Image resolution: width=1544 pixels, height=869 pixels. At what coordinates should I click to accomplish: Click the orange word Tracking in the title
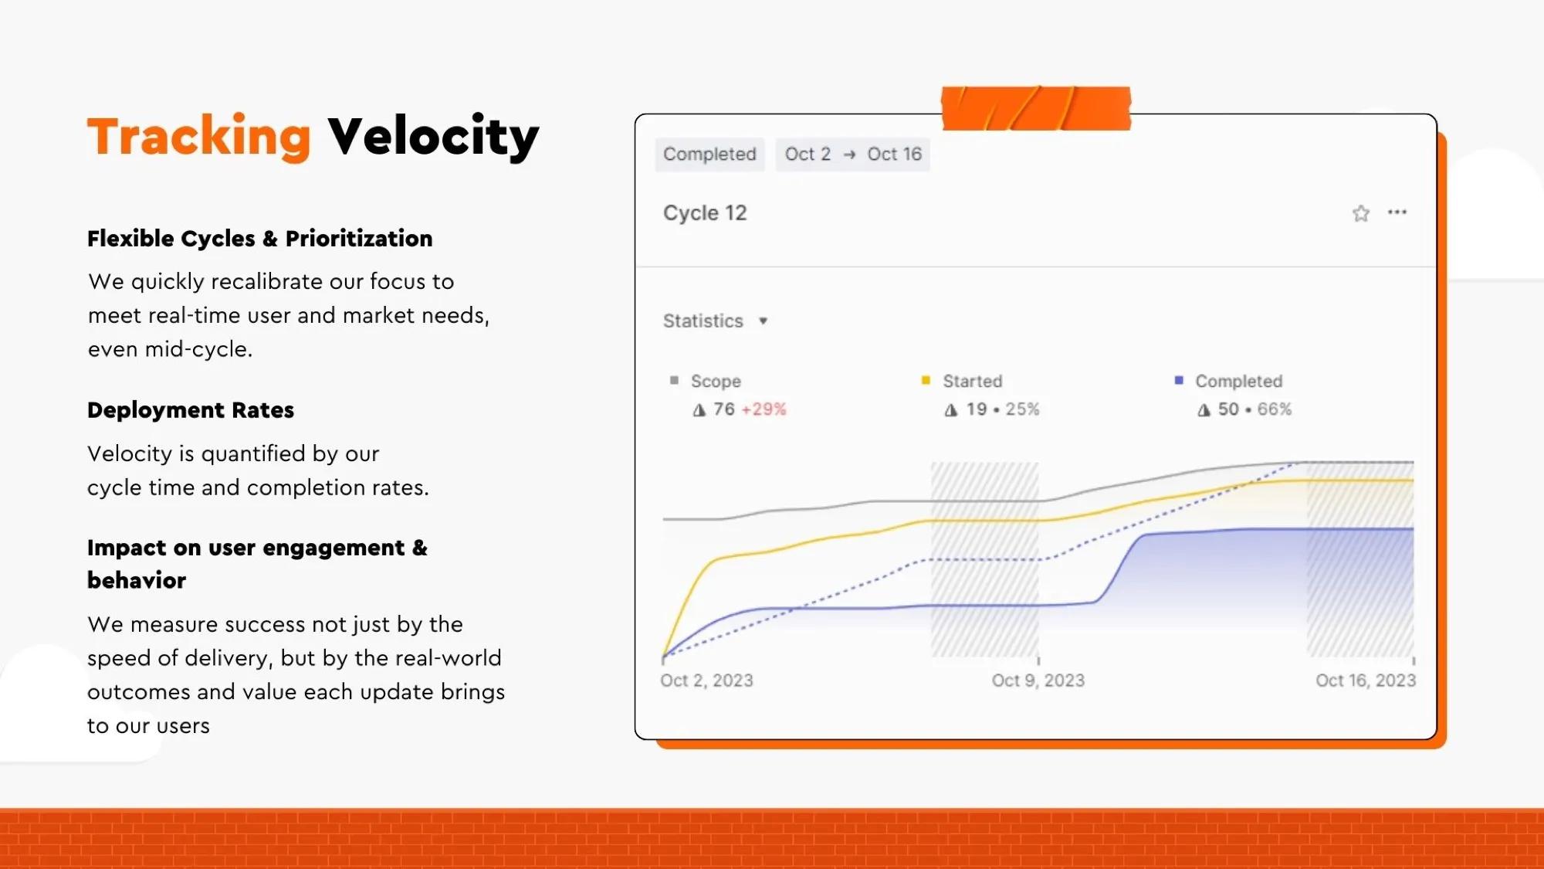[198, 136]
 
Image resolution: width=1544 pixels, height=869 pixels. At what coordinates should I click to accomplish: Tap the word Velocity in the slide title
[433, 136]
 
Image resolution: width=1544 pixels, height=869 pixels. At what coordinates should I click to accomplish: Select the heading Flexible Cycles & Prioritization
[259, 239]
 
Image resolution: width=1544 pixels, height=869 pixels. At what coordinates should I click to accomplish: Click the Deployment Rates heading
[191, 410]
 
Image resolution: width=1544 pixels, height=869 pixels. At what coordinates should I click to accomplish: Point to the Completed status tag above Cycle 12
[709, 154]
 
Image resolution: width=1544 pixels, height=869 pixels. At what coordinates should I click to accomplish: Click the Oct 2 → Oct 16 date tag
[853, 154]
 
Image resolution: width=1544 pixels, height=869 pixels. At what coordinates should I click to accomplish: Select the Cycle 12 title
[705, 213]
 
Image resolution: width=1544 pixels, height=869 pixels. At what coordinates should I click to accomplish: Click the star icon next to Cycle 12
[1361, 213]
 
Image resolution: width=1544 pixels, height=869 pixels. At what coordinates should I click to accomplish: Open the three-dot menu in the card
[1397, 212]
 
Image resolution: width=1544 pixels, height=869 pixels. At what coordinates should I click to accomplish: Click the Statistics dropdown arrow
[763, 321]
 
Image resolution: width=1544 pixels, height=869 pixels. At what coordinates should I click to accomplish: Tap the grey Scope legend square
[674, 380]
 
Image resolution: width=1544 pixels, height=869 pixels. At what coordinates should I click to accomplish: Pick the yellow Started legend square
[926, 380]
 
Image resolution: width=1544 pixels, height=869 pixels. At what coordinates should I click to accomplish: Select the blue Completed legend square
[1178, 380]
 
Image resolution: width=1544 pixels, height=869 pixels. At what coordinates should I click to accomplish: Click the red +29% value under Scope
[764, 409]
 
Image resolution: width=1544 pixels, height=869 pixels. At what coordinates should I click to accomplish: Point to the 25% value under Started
[1022, 409]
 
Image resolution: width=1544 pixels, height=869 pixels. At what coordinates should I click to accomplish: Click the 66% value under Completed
[1275, 409]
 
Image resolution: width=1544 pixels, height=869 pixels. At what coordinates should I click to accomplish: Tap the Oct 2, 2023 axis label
[706, 681]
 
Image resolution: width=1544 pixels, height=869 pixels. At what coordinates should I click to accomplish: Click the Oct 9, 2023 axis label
[1038, 681]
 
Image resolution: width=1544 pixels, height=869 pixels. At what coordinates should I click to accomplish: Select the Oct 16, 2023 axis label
[1366, 681]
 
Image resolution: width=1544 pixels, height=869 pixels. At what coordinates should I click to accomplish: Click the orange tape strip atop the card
[1036, 108]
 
